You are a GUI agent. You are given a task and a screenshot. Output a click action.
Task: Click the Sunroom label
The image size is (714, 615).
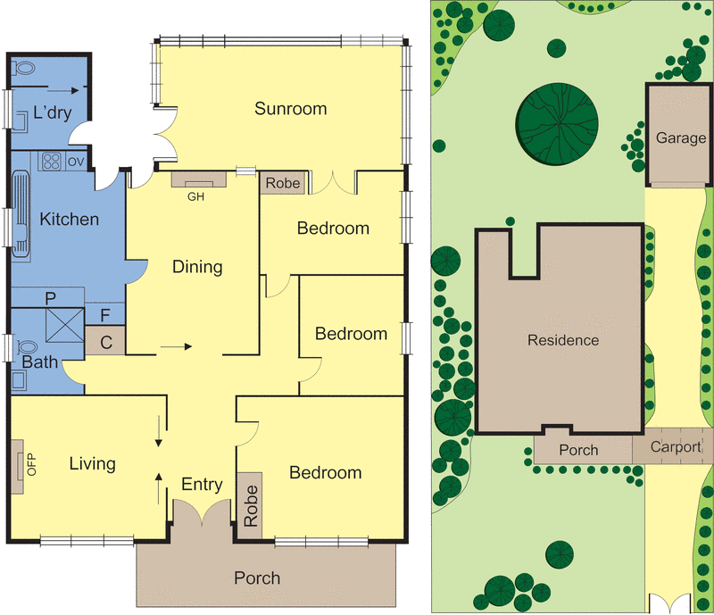point(290,109)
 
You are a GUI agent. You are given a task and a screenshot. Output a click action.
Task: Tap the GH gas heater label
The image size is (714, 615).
point(196,197)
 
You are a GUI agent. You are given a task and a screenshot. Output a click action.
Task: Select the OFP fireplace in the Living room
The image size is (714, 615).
point(19,464)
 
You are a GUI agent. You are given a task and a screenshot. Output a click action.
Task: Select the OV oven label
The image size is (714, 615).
point(76,162)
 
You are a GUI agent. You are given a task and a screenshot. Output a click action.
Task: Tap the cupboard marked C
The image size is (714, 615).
point(105,340)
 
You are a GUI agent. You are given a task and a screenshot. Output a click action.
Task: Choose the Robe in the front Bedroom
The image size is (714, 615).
point(250,505)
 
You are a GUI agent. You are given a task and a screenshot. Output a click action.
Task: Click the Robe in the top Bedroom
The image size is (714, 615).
point(283,184)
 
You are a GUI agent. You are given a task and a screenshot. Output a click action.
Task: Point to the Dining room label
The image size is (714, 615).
point(196,266)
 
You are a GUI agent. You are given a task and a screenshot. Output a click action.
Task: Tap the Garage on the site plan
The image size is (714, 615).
point(680,138)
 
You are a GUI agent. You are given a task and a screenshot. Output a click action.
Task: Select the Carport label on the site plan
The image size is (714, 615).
point(675,447)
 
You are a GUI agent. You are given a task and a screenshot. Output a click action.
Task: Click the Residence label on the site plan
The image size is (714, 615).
point(562,340)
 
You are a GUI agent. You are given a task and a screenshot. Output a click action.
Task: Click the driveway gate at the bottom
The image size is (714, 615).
point(669,604)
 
